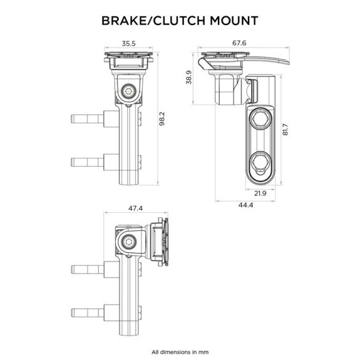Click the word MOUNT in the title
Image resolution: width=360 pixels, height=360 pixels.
(232, 22)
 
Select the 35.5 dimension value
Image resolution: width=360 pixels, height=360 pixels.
(129, 44)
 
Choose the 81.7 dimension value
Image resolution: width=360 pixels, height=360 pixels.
(286, 130)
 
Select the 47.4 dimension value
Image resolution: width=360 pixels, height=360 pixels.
(135, 209)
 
